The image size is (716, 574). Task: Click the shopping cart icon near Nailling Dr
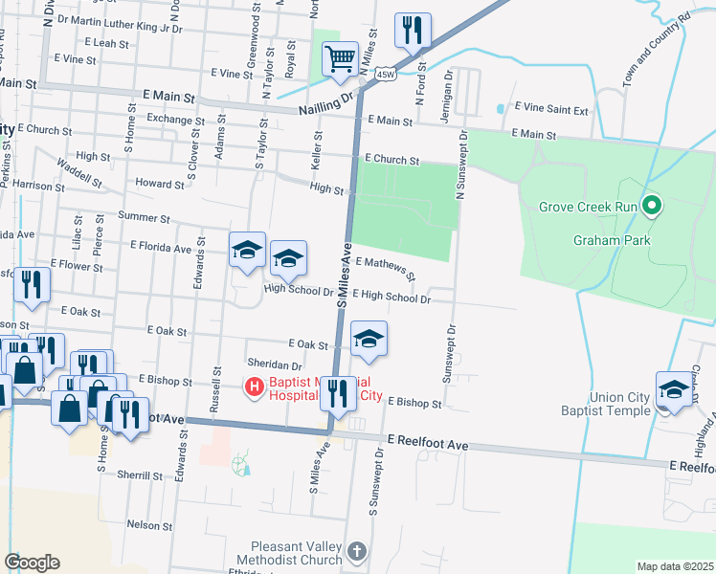pos(340,60)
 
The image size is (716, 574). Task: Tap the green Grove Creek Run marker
pos(652,206)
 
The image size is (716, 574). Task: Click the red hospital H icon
pos(255,387)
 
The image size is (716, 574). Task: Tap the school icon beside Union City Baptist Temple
pos(675,390)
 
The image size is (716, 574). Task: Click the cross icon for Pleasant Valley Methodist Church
pos(356,552)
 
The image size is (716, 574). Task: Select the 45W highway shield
pos(385,74)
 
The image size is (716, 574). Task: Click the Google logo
pos(31,562)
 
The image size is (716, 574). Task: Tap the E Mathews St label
pos(385,267)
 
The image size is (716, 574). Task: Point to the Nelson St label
pos(148,525)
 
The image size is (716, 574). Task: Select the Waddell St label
pos(78,172)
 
